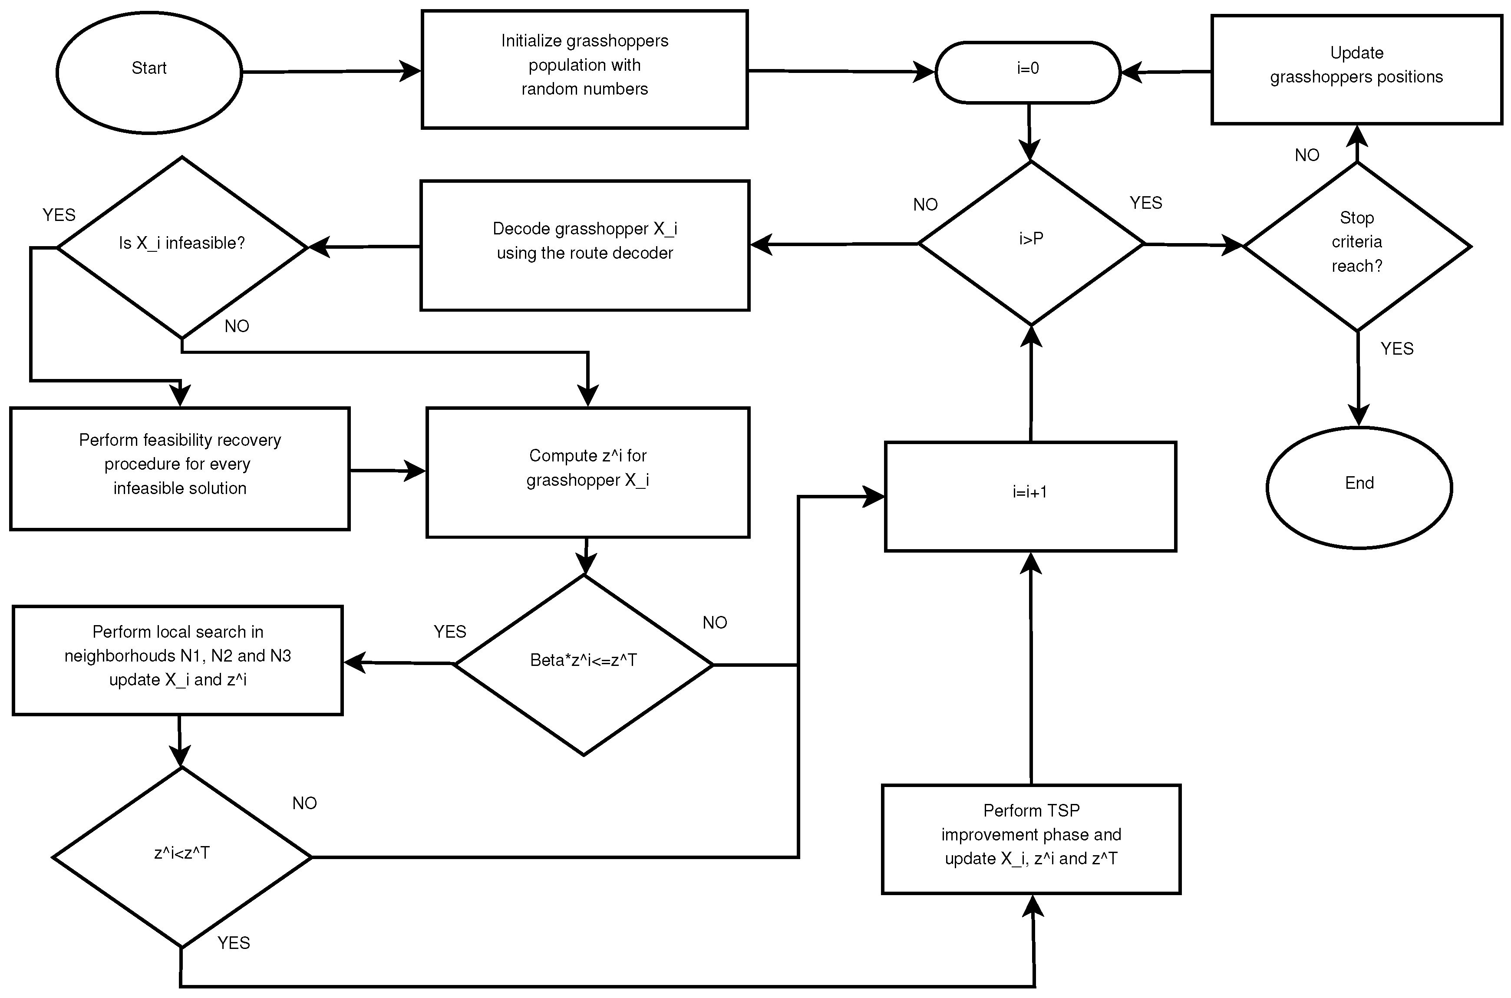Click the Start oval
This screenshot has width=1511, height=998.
point(149,72)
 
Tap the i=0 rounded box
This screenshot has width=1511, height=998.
point(1027,72)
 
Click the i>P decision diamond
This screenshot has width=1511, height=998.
point(1030,243)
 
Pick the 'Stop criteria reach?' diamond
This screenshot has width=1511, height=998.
point(1356,246)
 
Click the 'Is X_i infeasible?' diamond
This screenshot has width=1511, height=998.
point(182,247)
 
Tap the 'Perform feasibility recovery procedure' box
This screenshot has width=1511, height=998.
point(179,468)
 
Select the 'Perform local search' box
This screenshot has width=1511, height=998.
point(178,659)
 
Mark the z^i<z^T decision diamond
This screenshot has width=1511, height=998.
point(182,857)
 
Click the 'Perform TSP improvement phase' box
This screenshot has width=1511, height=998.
point(1030,838)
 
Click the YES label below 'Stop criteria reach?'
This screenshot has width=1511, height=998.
point(1396,349)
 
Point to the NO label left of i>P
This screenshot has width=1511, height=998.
point(925,205)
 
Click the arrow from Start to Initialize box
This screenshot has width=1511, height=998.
point(331,72)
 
